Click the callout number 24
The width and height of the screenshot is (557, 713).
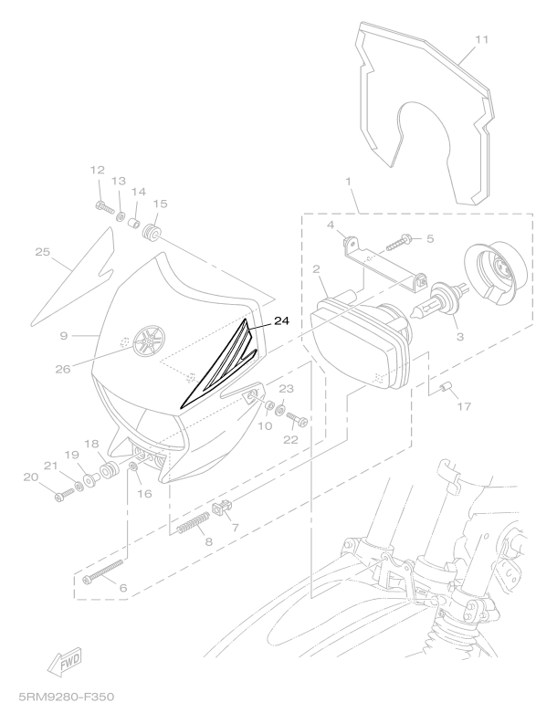click(281, 321)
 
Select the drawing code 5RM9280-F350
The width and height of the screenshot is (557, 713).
click(67, 697)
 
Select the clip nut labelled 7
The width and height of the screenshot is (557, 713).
click(222, 508)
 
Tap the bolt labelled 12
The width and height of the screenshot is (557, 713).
click(105, 208)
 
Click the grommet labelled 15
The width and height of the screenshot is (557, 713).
click(152, 232)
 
